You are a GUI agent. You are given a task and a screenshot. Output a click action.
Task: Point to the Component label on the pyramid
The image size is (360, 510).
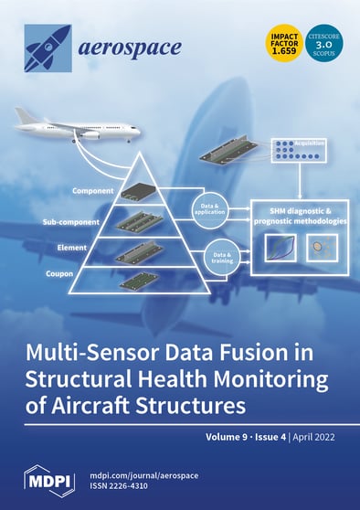tap(93, 193)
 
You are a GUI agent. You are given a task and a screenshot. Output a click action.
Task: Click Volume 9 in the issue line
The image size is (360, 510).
tap(230, 436)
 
